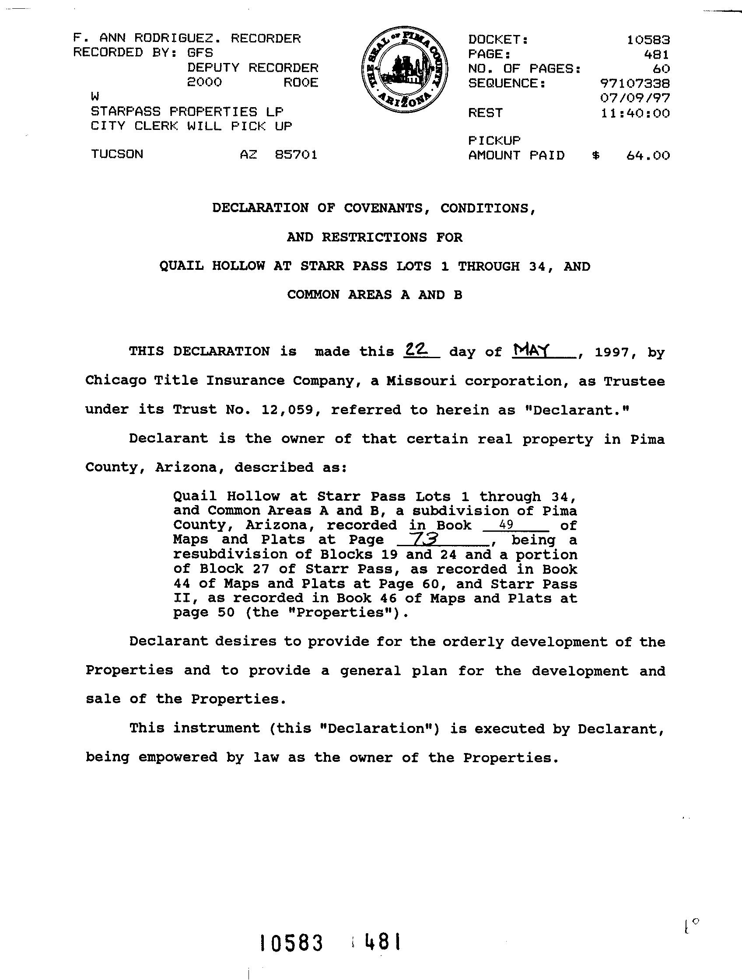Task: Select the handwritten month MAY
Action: [531, 351]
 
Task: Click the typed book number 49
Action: [506, 525]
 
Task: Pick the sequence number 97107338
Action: [634, 83]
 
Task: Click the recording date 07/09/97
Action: [634, 98]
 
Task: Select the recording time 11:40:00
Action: [635, 113]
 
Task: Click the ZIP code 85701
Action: [296, 154]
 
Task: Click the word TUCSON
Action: [117, 154]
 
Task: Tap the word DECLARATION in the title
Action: [260, 208]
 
